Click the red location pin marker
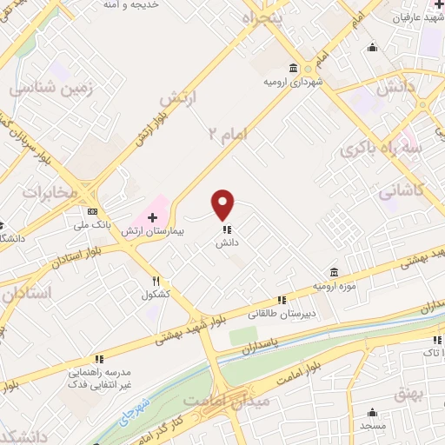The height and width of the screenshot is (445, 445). point(224,205)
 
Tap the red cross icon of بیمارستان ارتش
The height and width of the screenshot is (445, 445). point(153,216)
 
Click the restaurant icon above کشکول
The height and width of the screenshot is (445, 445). point(156,281)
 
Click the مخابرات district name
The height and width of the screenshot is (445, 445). point(50,192)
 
